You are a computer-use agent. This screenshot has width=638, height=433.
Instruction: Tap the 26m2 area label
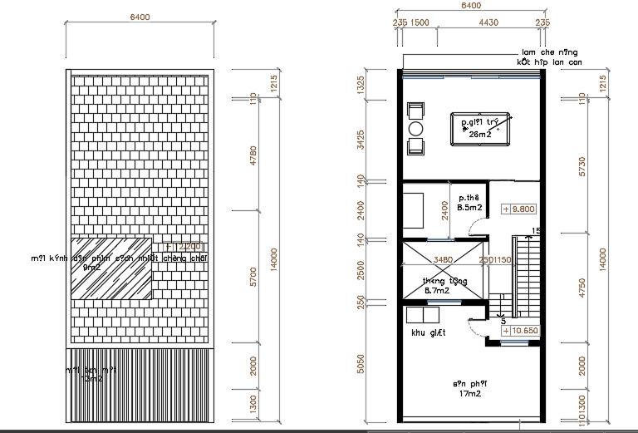click(479, 134)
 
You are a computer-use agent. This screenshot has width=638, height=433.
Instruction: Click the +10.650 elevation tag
click(520, 330)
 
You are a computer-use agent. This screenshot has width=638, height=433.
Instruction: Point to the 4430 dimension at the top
click(488, 23)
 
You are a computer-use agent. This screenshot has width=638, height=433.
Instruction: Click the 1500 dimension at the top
click(419, 23)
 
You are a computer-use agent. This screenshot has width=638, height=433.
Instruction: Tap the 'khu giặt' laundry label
click(429, 332)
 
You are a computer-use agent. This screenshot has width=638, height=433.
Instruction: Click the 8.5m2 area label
click(471, 208)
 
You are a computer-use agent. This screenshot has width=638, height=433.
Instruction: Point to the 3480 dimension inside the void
click(444, 260)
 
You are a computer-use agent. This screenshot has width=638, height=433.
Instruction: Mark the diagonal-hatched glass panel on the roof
click(110, 268)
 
